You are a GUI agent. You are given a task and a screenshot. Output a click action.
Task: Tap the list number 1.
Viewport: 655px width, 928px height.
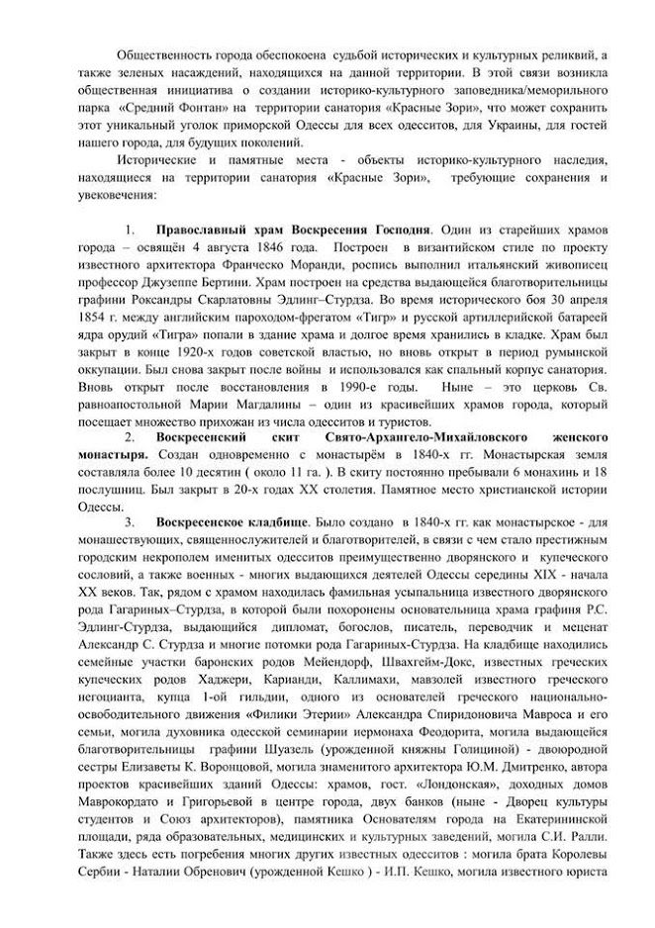pos(129,228)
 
